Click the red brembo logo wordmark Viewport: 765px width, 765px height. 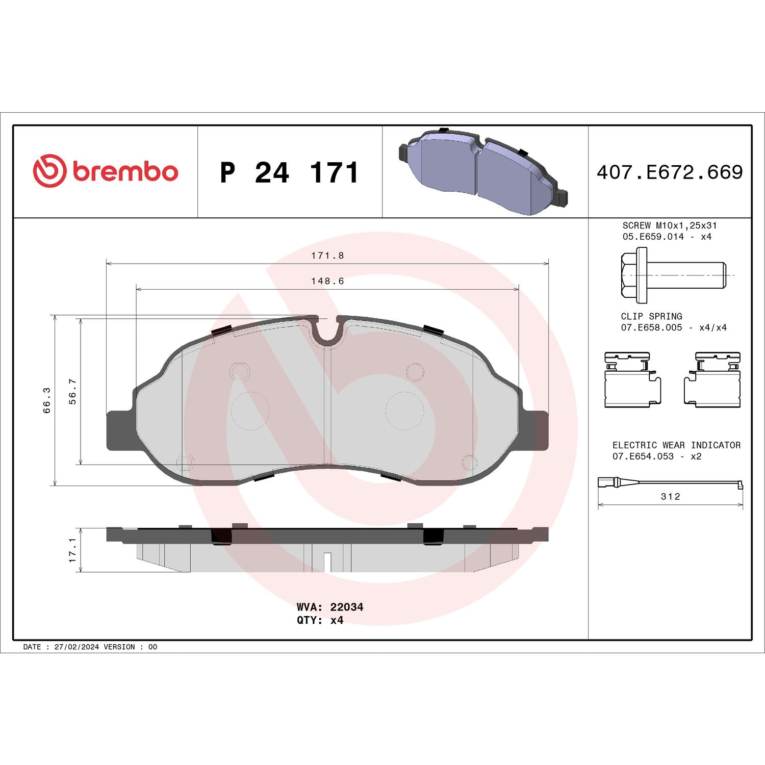click(124, 171)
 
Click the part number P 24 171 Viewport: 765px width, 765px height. click(289, 172)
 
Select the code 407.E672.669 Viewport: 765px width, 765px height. click(670, 172)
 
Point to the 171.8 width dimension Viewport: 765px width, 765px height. click(327, 256)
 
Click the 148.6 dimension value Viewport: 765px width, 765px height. click(327, 281)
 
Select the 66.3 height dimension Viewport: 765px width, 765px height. click(47, 400)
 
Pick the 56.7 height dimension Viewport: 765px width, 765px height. click(73, 391)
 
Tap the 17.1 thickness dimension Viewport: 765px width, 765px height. click(73, 550)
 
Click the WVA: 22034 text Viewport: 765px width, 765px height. click(329, 607)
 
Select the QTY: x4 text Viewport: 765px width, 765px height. click(320, 620)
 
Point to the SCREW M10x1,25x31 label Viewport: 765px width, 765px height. click(669, 225)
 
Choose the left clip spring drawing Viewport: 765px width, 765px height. click(632, 379)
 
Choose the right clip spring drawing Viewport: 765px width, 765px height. click(712, 379)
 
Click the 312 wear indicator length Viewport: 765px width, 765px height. click(670, 496)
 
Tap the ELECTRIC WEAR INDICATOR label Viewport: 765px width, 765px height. click(676, 445)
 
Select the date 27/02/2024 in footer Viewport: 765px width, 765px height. click(76, 647)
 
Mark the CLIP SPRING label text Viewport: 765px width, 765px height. click(651, 316)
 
